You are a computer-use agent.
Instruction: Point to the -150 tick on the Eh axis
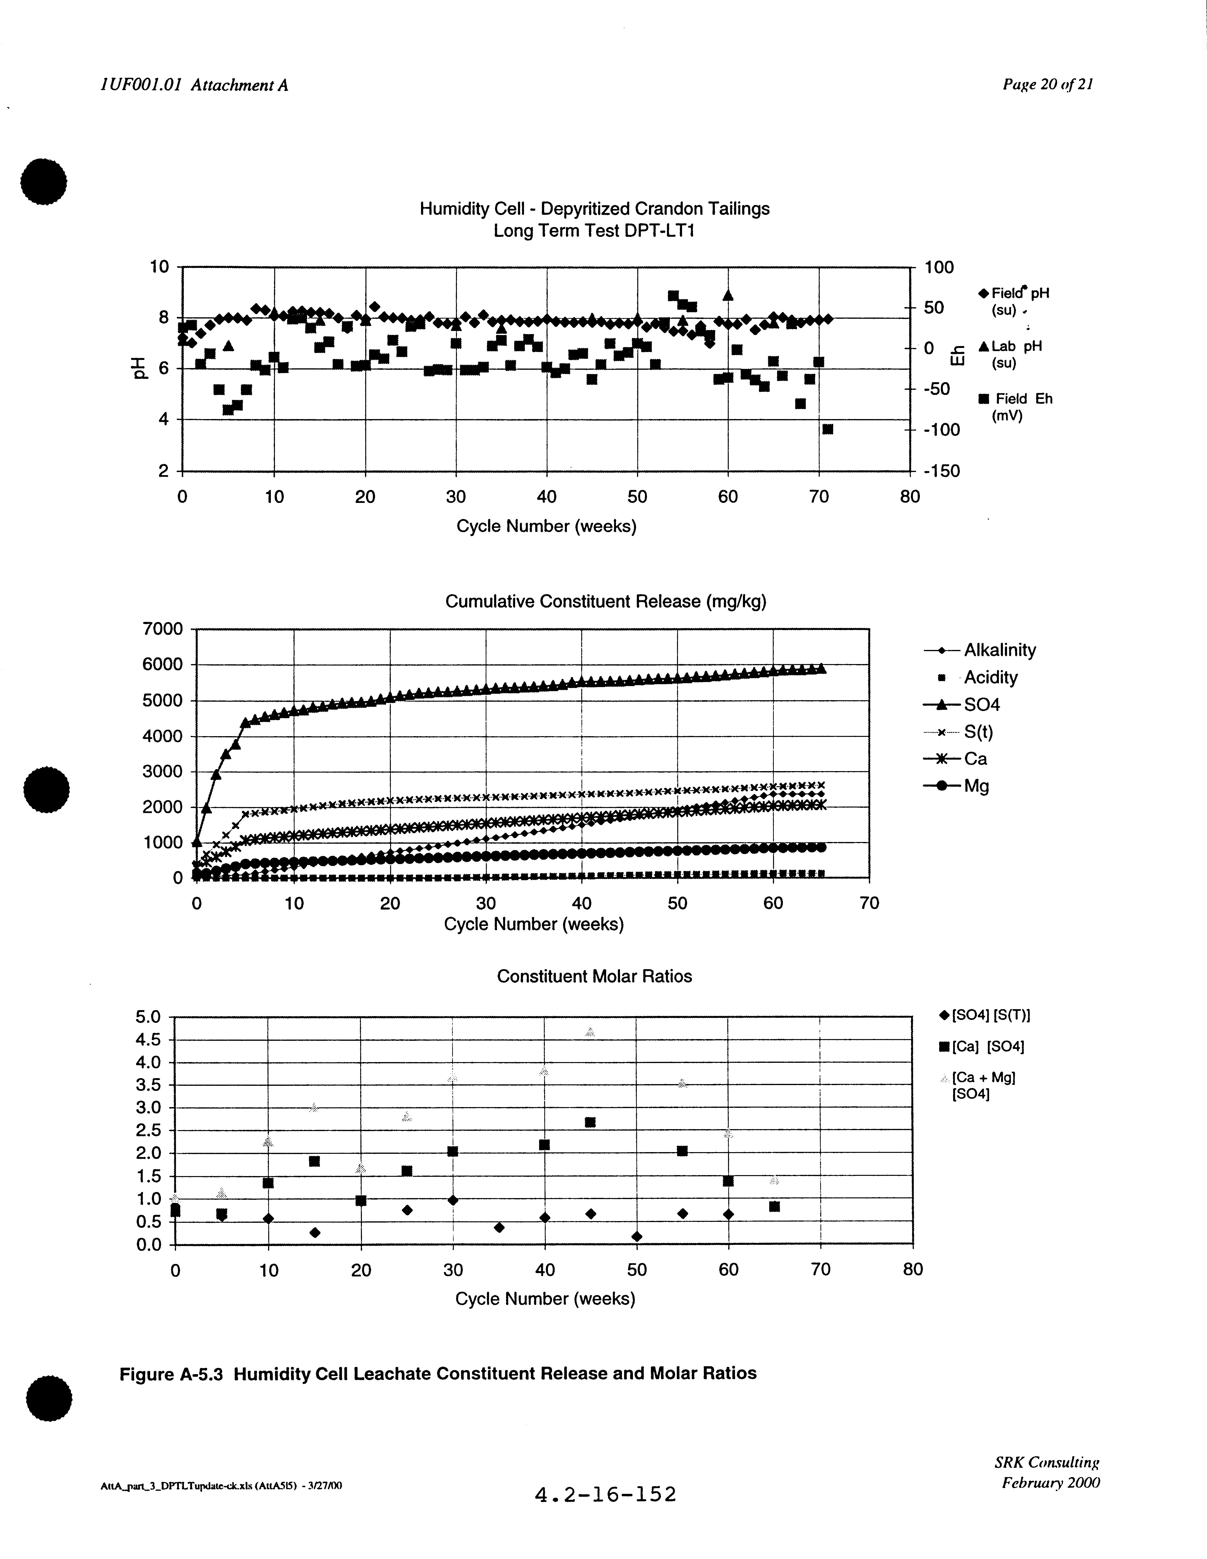(942, 471)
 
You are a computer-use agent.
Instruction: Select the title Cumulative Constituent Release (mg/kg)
(605, 602)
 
